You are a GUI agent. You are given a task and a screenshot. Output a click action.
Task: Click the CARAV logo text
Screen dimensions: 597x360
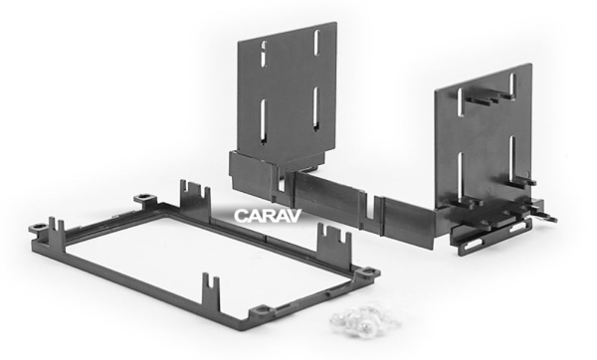(x=268, y=216)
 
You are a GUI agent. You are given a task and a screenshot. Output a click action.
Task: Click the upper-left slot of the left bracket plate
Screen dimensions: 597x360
(x=263, y=53)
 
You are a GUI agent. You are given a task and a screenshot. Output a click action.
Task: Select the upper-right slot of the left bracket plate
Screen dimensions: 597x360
(x=316, y=42)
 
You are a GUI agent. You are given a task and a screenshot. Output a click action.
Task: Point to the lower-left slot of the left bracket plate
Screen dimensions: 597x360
(x=264, y=121)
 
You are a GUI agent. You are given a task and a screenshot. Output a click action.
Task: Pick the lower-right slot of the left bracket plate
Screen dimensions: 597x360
(x=315, y=109)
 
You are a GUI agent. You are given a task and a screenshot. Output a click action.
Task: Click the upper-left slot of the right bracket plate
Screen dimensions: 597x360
(x=460, y=101)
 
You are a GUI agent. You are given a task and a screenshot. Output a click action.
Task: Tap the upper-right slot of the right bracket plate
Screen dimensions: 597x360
(x=512, y=87)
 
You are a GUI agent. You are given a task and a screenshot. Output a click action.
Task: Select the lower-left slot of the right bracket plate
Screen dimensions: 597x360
(x=460, y=175)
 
